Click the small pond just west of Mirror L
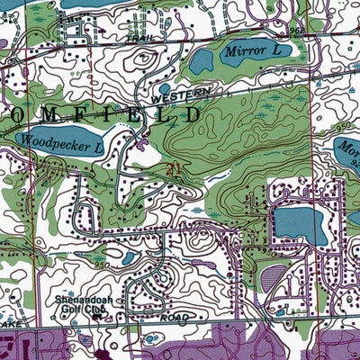coord(202,61)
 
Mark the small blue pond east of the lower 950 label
coord(130,258)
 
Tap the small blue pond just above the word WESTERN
coord(165,88)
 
